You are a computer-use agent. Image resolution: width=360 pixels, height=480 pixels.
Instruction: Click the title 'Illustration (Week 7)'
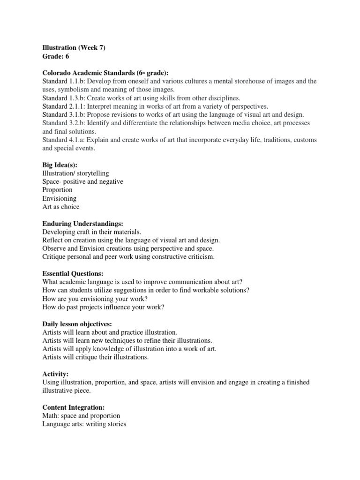point(74,47)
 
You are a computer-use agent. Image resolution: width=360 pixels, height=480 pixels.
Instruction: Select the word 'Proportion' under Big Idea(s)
point(57,190)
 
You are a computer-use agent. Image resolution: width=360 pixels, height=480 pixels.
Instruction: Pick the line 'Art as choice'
point(61,207)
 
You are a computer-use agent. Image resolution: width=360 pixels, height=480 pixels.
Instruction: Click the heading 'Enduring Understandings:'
point(83,224)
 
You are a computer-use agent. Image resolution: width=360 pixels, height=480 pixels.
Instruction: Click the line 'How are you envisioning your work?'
point(96,299)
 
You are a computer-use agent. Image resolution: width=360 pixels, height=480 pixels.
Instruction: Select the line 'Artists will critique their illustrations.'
point(95,357)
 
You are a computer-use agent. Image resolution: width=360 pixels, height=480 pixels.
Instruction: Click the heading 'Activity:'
point(55,374)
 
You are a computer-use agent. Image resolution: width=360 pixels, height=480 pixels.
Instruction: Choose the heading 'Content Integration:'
point(73,408)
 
